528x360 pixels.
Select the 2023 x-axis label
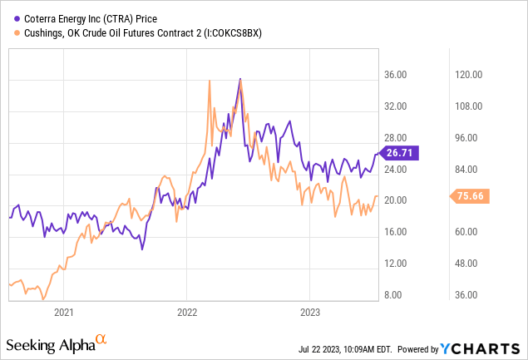(309, 312)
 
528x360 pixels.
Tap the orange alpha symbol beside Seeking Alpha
(101, 339)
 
